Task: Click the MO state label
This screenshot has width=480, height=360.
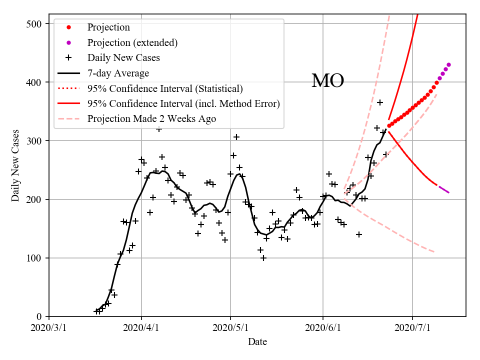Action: [327, 81]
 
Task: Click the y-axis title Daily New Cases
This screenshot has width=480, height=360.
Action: [15, 165]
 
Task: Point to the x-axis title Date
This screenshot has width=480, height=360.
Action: [257, 342]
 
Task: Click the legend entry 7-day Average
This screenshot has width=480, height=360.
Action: [118, 73]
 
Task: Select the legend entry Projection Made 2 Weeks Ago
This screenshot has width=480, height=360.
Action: [151, 119]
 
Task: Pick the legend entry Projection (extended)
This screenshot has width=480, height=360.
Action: [132, 42]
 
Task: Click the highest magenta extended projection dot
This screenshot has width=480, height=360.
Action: [448, 64]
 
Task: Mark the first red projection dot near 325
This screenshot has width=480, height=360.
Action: [389, 126]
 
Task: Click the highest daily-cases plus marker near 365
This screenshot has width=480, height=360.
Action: [380, 102]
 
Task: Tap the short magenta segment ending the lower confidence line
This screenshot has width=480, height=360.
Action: [443, 189]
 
